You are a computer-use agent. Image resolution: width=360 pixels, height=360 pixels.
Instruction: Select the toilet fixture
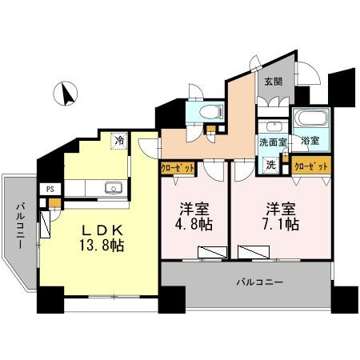pos(209,111)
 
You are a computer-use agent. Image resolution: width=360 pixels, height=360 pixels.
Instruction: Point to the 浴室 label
pos(310,142)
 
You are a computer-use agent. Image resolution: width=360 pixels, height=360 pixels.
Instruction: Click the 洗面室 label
pos(273,142)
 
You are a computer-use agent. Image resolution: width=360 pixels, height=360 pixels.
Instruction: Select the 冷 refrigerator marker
pos(119,141)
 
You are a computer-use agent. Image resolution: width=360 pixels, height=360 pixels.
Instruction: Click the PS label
pos(50,190)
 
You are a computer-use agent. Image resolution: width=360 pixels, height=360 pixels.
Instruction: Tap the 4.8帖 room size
pos(194,226)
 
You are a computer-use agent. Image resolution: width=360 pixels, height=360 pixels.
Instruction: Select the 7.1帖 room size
pos(282,226)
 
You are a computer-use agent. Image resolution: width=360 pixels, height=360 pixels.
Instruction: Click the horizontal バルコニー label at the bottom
pos(260,282)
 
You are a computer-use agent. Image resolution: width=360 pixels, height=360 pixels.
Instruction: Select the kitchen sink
pos(113,188)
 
